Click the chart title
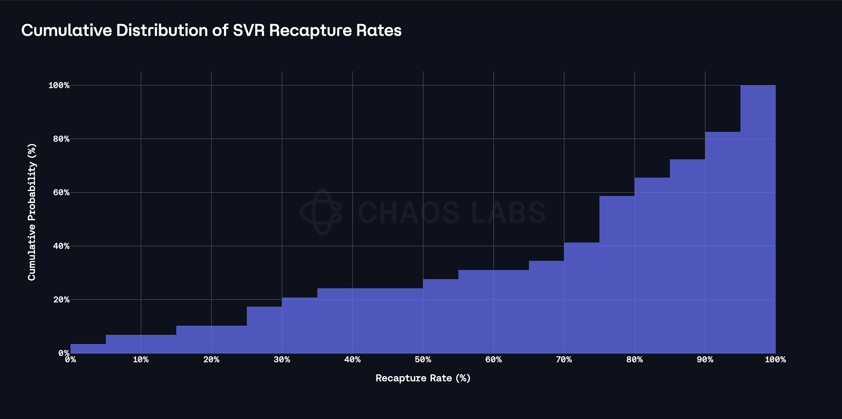(211, 31)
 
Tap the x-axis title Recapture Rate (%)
(423, 378)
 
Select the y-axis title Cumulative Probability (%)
(32, 212)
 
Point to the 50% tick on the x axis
(423, 360)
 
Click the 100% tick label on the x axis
(775, 360)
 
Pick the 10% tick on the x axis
(141, 360)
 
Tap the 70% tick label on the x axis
(564, 360)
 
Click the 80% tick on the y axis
(59, 139)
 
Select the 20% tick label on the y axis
(59, 300)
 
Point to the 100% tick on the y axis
(59, 85)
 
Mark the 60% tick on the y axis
(59, 192)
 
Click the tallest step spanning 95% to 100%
(758, 219)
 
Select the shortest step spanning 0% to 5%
(88, 349)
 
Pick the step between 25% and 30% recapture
(264, 330)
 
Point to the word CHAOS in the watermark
(408, 212)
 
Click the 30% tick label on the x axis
(282, 360)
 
